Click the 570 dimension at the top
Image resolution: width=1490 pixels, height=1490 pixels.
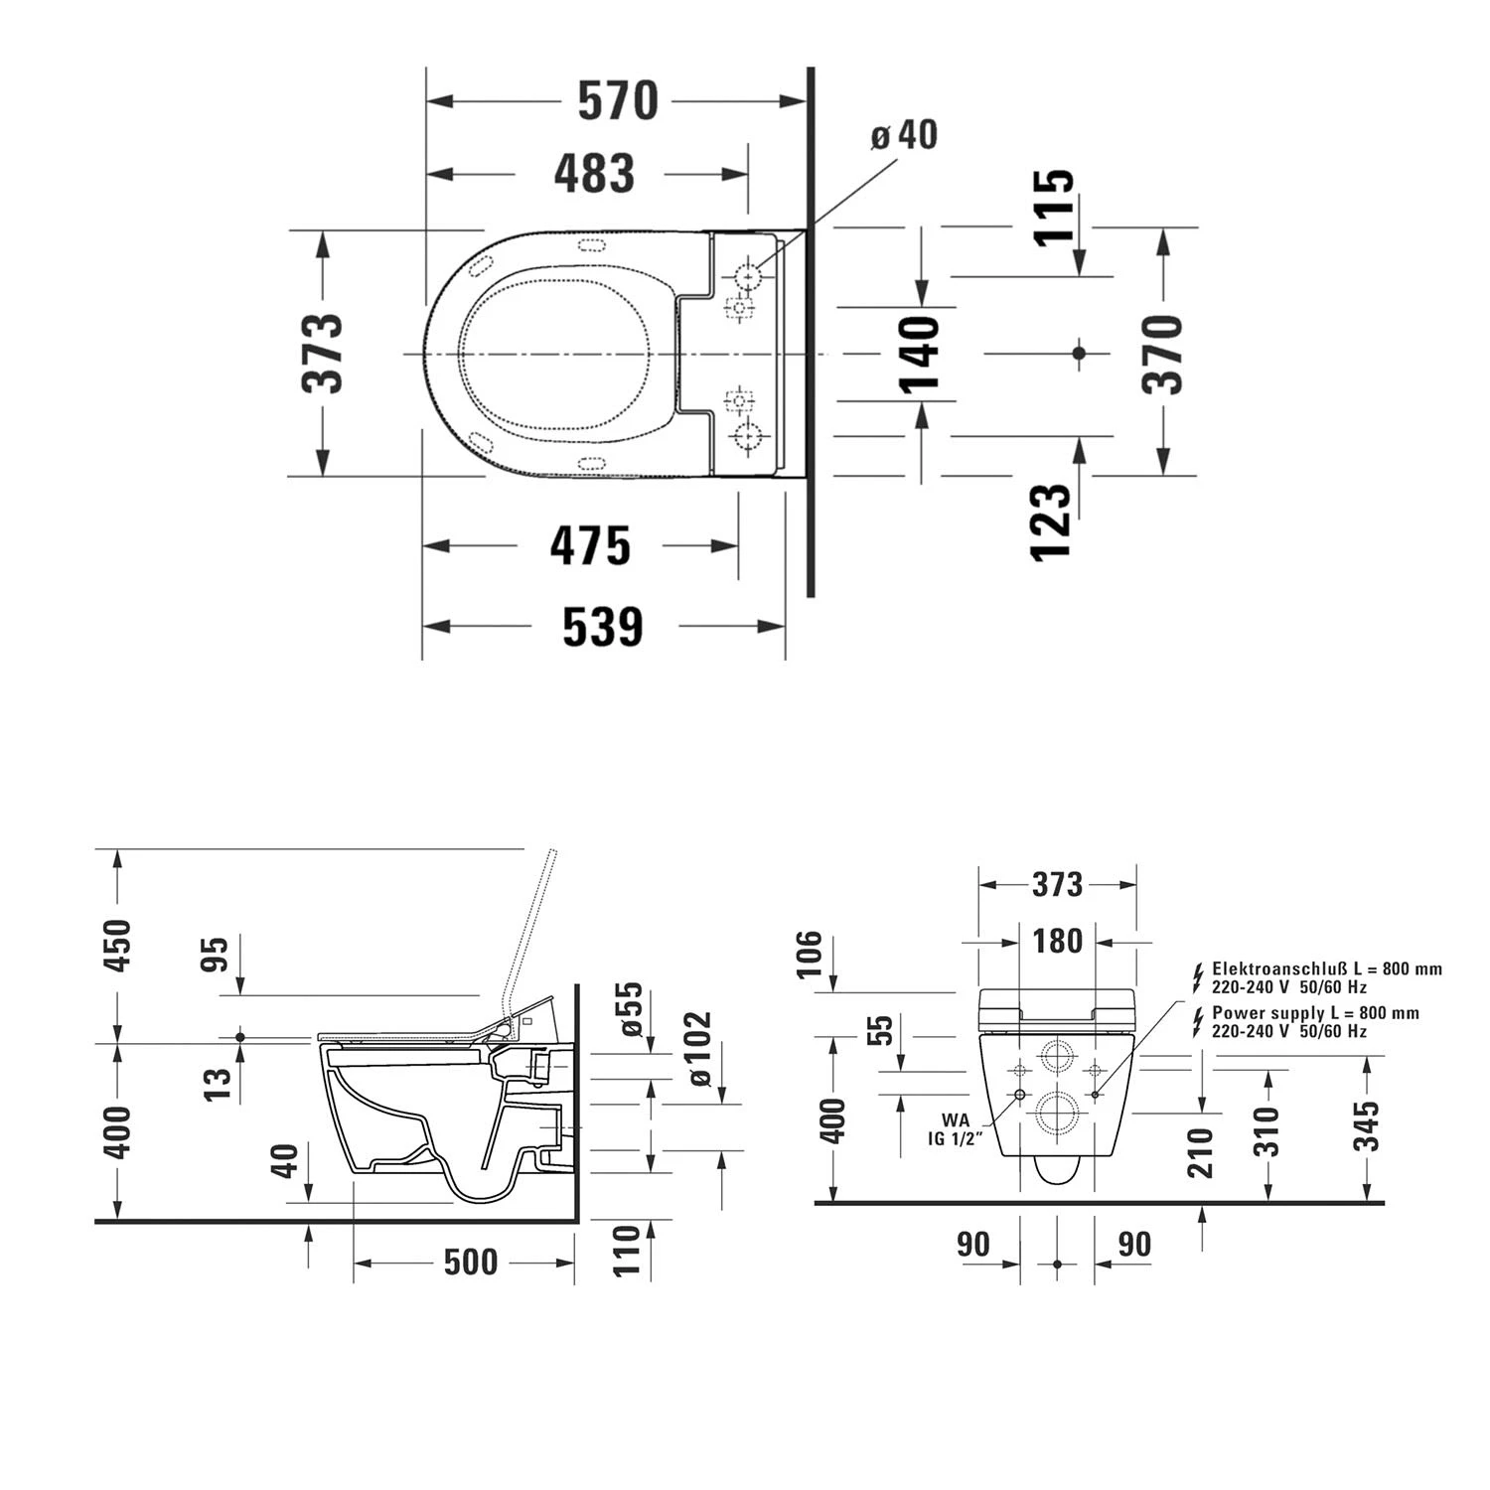click(x=618, y=100)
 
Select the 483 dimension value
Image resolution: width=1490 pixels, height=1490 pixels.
click(x=594, y=173)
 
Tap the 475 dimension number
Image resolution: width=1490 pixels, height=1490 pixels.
click(x=590, y=545)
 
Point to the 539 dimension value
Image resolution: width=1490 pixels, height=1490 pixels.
click(x=602, y=627)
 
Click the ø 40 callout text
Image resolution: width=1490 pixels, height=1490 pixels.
click(x=904, y=135)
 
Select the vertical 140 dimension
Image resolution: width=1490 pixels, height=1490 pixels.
click(x=920, y=354)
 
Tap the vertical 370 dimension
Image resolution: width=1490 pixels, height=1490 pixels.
click(x=1162, y=354)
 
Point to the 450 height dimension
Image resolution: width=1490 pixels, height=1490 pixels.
click(x=117, y=946)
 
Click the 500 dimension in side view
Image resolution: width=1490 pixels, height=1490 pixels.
click(x=470, y=1263)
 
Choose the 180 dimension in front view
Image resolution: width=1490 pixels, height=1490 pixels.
click(x=1057, y=940)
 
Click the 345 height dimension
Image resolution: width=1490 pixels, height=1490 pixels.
click(x=1369, y=1125)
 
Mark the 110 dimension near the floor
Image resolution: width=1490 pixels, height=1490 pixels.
click(x=627, y=1251)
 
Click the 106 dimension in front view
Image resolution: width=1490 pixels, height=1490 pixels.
click(x=810, y=954)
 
